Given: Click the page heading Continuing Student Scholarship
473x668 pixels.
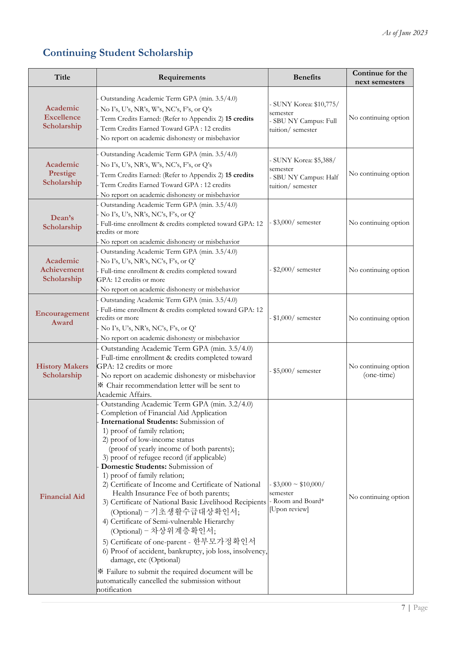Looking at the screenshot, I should pyautogui.click(x=118, y=53).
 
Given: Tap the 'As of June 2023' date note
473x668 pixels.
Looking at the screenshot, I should pyautogui.click(x=405, y=33).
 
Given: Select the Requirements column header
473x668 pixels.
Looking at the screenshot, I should pyautogui.click(x=182, y=77).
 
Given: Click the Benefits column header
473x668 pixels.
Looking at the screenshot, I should pyautogui.click(x=307, y=77).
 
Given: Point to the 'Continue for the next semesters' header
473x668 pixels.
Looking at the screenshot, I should pyautogui.click(x=380, y=77).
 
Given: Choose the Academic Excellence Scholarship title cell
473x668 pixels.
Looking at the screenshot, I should pyautogui.click(x=62, y=117).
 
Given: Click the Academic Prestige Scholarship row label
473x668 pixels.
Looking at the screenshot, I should pyautogui.click(x=62, y=173).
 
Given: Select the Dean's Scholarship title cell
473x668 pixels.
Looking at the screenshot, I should pyautogui.click(x=62, y=222).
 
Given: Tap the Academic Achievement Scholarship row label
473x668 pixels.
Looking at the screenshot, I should pyautogui.click(x=62, y=270).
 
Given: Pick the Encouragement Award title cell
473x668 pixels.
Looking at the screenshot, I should pyautogui.click(x=62, y=318).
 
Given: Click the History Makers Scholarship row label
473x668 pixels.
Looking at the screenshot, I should pyautogui.click(x=62, y=371).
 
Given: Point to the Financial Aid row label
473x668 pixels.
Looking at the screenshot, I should pyautogui.click(x=62, y=497).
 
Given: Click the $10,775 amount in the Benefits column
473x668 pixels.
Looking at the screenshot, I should pyautogui.click(x=326, y=104).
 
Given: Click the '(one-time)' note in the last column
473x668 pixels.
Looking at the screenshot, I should pyautogui.click(x=379, y=375).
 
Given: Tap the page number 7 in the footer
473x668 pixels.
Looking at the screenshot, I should pyautogui.click(x=403, y=607).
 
